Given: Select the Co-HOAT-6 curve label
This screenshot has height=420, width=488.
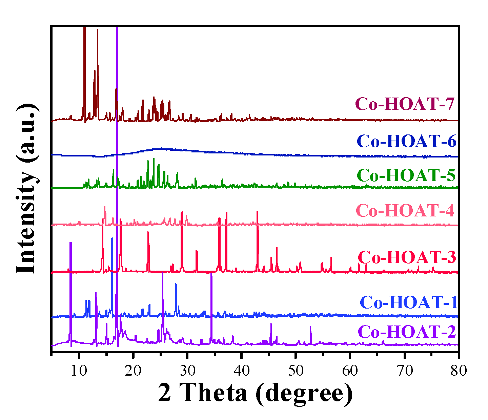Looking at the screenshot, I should [x=407, y=141].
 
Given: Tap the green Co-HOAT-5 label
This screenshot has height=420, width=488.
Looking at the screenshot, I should [x=406, y=175].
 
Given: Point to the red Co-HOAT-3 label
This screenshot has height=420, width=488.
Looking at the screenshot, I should [x=407, y=257].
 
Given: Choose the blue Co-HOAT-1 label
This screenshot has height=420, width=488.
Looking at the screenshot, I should [x=409, y=302].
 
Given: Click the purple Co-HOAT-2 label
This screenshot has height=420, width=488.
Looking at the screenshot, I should [x=407, y=332].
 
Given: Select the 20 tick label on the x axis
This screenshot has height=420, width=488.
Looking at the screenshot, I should [x=133, y=370].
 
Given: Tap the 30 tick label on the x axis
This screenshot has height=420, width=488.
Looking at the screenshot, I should [x=187, y=370].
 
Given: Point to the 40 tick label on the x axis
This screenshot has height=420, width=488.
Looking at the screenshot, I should [x=241, y=370].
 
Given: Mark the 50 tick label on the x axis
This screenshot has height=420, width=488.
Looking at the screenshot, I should [x=296, y=370].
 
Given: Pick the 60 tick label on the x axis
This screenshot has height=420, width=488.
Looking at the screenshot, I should [x=350, y=370].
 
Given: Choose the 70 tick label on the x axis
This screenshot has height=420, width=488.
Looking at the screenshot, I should [x=404, y=370].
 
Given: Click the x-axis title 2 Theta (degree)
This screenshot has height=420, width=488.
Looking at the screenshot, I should [x=255, y=394].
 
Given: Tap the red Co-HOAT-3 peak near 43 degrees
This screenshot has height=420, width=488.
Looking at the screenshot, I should [x=257, y=212].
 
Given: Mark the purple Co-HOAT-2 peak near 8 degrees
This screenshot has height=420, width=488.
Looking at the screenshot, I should [x=70, y=243].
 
